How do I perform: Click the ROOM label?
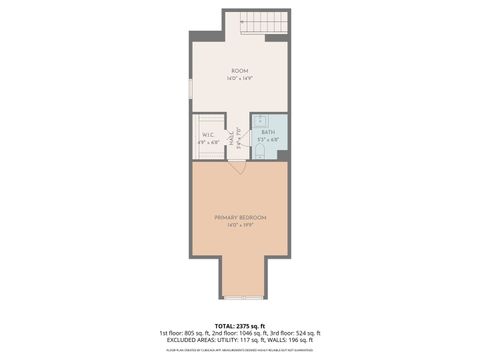point(240,71)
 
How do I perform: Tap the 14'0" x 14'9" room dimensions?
point(240,78)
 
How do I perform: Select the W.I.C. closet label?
point(209,134)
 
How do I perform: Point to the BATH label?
point(268,132)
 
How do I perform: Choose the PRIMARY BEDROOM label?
point(240,217)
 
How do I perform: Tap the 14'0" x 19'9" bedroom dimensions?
point(240,224)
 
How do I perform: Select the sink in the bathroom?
point(258,122)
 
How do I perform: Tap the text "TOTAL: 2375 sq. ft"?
point(240,326)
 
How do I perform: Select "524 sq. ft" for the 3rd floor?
point(307,333)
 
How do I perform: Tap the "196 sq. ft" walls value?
point(299,341)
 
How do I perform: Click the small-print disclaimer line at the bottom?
point(240,350)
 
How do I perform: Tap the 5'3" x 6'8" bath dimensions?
point(268,139)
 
